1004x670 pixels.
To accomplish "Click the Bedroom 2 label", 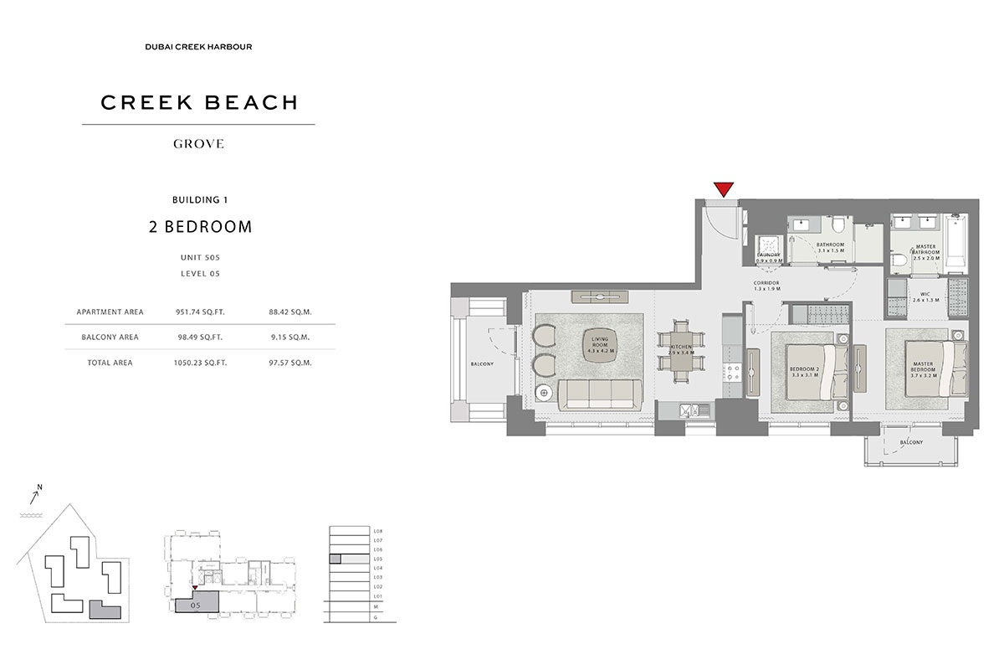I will pos(805,371).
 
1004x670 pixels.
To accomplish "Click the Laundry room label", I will pos(769,258).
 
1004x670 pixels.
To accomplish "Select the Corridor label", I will pos(766,286).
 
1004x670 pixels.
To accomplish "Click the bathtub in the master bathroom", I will pos(955,236).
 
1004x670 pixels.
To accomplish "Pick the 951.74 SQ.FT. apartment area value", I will pos(201,312).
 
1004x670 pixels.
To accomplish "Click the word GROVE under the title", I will pos(198,144).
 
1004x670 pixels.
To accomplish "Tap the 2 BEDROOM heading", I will pos(198,226).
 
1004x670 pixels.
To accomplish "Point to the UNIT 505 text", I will pos(198,258).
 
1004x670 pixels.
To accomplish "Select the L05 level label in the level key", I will pos(378,559).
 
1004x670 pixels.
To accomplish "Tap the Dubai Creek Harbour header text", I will pos(198,47).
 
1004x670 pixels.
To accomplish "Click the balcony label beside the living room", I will pos(482,364).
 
